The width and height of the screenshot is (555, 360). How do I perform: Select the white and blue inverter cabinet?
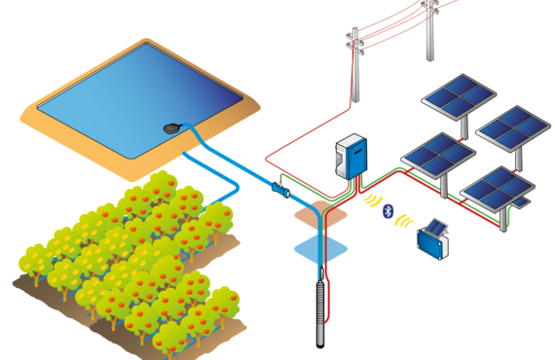pyautogui.click(x=351, y=156)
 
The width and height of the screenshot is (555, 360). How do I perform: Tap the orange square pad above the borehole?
pyautogui.click(x=319, y=213)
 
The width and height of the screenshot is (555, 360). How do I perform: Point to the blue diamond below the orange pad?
pyautogui.click(x=320, y=246)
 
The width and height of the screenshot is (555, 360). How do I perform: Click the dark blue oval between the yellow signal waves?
pyautogui.click(x=388, y=210)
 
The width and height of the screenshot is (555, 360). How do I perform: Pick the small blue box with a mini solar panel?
pyautogui.click(x=433, y=240)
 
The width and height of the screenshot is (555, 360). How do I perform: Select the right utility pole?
pyautogui.click(x=429, y=29)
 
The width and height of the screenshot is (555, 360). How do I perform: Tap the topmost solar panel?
pyautogui.click(x=458, y=96)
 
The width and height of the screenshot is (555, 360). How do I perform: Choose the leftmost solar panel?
pyautogui.click(x=437, y=154)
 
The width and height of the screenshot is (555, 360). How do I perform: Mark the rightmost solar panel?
pyautogui.click(x=513, y=125)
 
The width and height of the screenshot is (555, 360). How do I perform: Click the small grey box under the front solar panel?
pyautogui.click(x=521, y=202)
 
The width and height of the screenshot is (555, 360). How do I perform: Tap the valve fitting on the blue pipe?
pyautogui.click(x=282, y=193)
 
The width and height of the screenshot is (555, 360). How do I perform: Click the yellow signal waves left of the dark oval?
pyautogui.click(x=371, y=201)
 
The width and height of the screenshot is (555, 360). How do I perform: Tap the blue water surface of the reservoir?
pyautogui.click(x=136, y=97)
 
